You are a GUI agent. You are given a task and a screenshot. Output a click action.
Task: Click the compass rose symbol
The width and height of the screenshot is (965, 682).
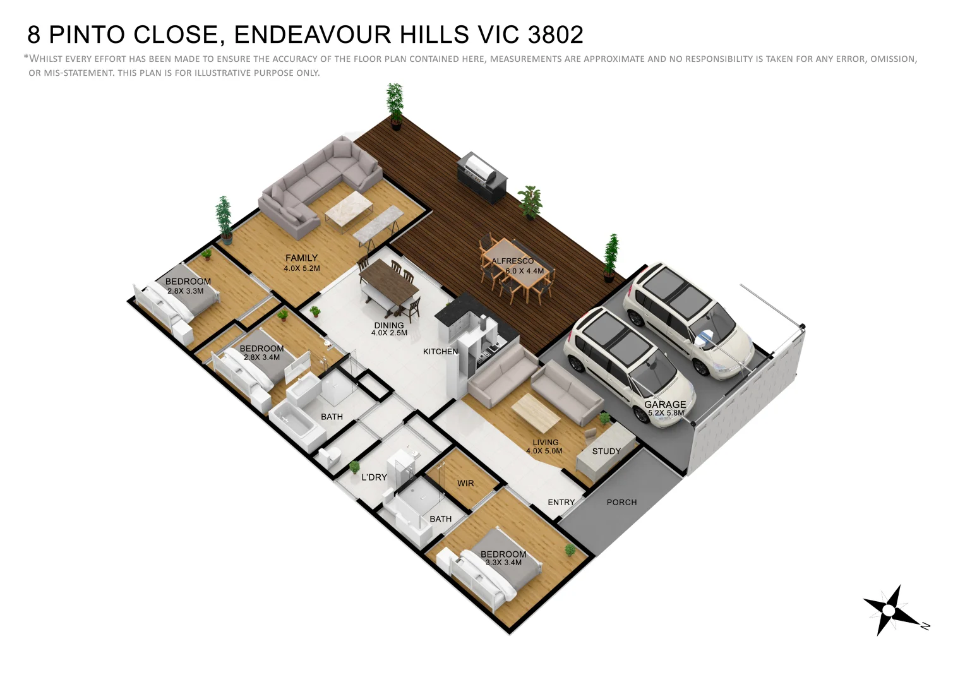889,610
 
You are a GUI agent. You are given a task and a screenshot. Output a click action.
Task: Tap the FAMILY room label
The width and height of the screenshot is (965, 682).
301,258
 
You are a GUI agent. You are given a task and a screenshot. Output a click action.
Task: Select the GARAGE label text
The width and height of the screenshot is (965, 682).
665,404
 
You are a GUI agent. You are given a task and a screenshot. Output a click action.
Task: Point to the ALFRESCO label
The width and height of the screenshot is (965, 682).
512,261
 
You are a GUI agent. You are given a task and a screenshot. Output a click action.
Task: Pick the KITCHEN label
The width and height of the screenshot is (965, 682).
440,352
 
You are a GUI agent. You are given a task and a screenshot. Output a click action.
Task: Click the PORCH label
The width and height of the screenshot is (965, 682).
621,503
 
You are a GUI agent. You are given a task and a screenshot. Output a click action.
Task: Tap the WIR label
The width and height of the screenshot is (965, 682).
465,484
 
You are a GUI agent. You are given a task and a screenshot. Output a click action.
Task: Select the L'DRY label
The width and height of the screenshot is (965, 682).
374,477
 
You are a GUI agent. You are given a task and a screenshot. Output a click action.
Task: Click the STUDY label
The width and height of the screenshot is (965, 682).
606,452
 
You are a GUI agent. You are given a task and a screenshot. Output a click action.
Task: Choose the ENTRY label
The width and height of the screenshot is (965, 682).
561,503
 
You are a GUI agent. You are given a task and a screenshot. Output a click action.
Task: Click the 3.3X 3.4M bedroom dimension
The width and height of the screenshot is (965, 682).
503,563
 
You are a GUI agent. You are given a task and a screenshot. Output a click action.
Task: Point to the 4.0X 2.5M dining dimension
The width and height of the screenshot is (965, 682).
389,333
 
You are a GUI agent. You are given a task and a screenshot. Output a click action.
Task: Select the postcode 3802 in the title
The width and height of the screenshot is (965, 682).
555,35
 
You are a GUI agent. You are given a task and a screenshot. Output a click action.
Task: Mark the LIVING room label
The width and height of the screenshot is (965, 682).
545,443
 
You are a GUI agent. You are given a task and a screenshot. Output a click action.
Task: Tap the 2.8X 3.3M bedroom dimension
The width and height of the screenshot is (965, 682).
185,291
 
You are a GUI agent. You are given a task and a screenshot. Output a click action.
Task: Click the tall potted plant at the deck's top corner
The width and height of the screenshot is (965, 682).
395,105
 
